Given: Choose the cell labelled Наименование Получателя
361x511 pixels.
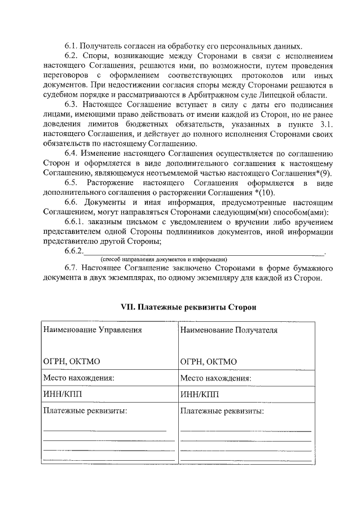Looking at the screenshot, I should point(228,330).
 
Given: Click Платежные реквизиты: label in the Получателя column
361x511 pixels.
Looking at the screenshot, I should point(222,410).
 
